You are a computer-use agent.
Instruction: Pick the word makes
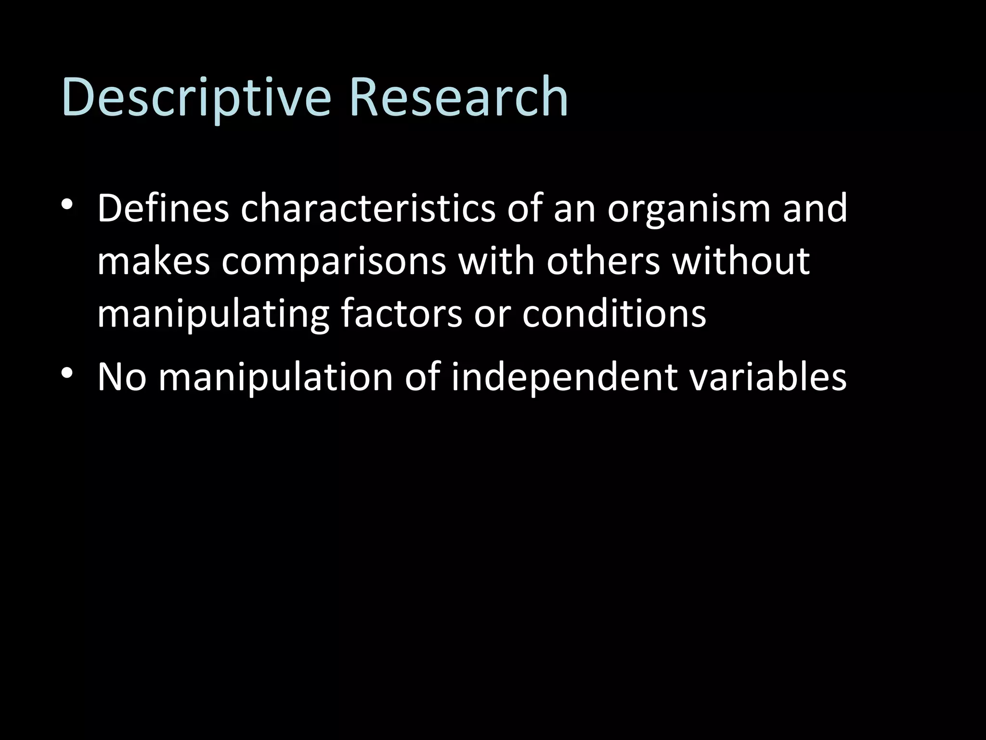(x=154, y=261)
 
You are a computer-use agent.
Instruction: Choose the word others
(x=603, y=261)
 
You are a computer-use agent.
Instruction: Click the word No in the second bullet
(x=121, y=377)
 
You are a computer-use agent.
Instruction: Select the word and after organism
(x=815, y=208)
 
